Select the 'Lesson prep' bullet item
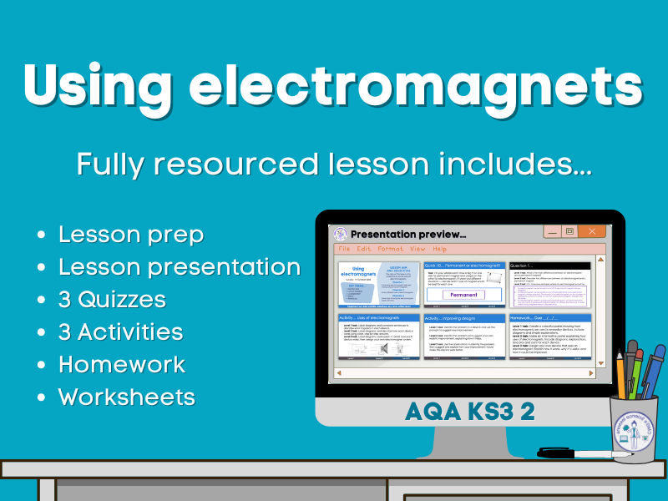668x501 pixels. point(130,235)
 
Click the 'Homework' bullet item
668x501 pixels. point(121,364)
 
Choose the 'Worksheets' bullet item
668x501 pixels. point(126,397)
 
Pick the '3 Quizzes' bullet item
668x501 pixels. point(112,299)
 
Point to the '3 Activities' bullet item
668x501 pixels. point(120,331)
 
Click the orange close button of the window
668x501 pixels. point(592,231)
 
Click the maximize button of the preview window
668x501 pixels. point(569,231)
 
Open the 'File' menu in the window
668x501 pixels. point(344,249)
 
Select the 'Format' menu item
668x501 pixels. point(390,249)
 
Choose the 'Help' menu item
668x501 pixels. point(439,249)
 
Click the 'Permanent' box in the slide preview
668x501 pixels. point(464,295)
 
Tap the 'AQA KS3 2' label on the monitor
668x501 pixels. point(469,410)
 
